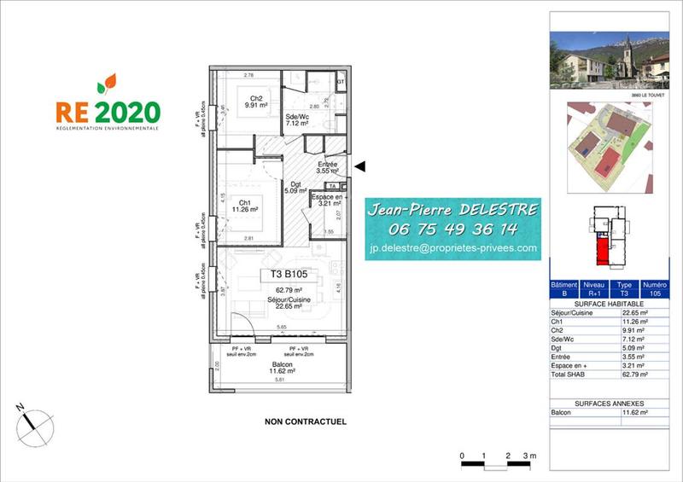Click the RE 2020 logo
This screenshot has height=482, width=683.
click(108, 106)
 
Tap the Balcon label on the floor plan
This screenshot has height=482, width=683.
click(281, 366)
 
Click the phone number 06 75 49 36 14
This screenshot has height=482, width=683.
click(452, 229)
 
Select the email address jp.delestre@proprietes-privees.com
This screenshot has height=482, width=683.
click(452, 249)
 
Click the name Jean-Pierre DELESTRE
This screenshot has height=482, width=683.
click(452, 210)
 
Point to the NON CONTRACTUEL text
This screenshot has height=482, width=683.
click(306, 421)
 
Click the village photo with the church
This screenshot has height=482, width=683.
click(609, 60)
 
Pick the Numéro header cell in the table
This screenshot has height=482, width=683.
click(654, 284)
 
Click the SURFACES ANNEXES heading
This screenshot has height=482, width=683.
click(609, 404)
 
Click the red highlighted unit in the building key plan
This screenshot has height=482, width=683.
click(604, 250)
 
